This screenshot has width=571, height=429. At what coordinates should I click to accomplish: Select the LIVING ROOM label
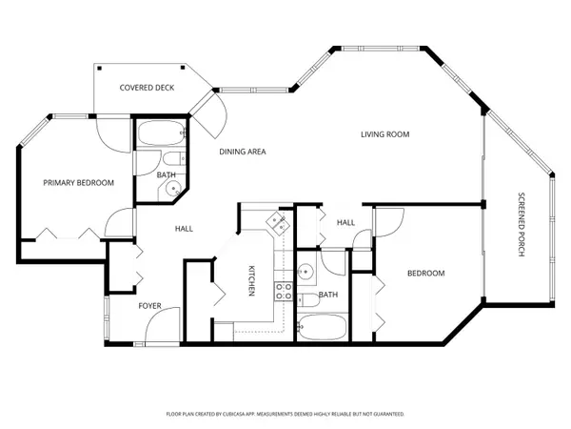coord(384,134)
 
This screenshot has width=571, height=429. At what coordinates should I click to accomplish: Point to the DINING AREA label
coord(242,152)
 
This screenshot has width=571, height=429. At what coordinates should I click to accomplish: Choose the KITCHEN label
coord(251,279)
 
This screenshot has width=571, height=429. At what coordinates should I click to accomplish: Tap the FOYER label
coord(149,306)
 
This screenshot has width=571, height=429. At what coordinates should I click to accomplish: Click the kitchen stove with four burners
coord(283,291)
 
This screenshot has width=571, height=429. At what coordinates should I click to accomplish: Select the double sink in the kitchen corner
coord(278,224)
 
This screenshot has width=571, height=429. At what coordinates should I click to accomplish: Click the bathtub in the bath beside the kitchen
coord(322,329)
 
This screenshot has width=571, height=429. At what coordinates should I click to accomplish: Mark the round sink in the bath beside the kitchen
coord(305,271)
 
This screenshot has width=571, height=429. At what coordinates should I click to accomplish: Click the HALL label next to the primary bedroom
coord(184,229)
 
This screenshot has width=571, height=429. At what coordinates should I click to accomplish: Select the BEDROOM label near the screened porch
coord(425,274)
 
